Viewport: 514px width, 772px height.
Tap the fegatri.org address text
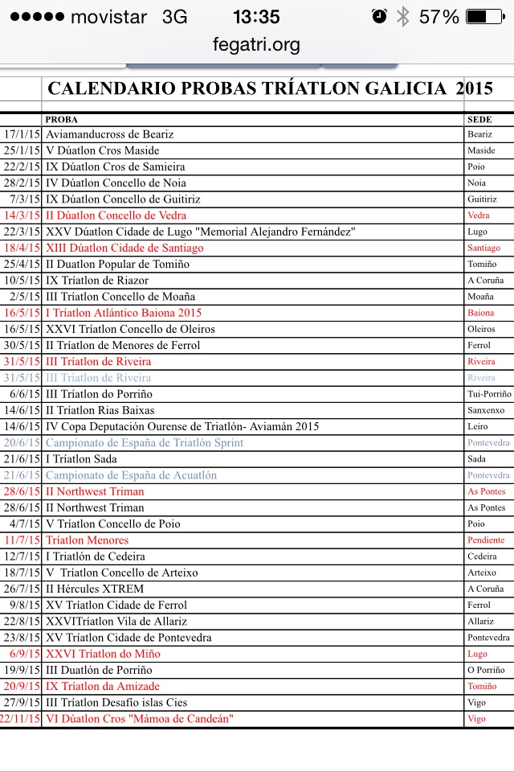point(257,45)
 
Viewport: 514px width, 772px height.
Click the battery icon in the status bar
point(487,17)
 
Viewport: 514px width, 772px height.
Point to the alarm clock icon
point(380,17)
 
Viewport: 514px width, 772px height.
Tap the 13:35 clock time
point(256,17)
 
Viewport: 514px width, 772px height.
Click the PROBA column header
point(62,119)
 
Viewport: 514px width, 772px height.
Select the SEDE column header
point(478,119)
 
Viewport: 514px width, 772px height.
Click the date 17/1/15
point(22,134)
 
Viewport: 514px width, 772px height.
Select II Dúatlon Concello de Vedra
point(116,216)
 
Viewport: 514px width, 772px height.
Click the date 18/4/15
point(22,248)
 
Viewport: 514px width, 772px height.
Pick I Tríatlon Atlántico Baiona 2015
point(124,313)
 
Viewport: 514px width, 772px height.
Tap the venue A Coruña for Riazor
point(485,281)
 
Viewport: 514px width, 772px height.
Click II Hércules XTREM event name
point(95,589)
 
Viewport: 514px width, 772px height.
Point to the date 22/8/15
point(22,621)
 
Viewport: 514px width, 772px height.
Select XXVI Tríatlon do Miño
point(103,654)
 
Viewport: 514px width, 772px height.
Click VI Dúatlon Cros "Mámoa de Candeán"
point(139,718)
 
